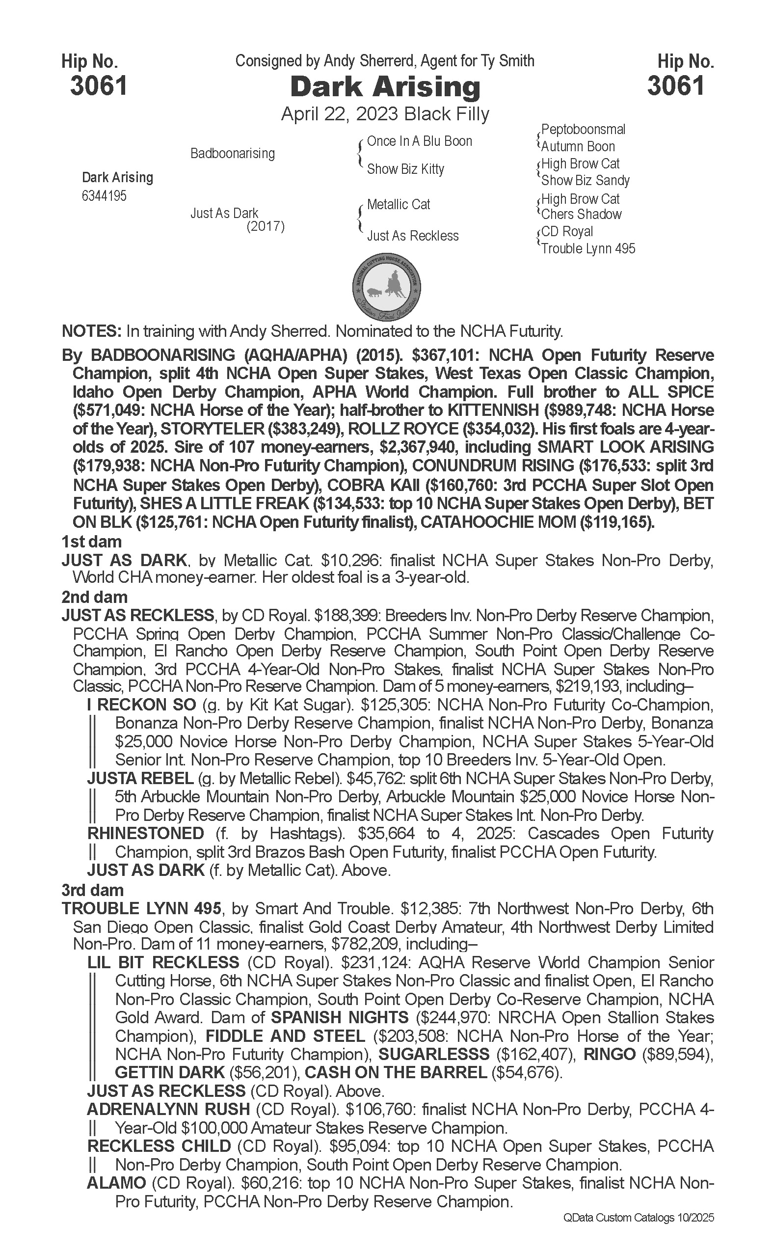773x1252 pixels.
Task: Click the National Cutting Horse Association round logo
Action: [x=387, y=287]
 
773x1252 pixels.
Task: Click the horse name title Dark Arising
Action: [x=385, y=87]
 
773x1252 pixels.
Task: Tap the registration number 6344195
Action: [x=104, y=196]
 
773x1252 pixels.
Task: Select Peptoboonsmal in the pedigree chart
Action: [x=583, y=130]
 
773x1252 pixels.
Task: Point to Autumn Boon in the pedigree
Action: [x=578, y=146]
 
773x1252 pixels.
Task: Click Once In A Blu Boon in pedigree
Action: [x=419, y=141]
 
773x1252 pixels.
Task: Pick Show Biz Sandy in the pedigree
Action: [x=586, y=180]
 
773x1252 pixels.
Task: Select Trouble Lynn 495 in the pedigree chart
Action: [x=588, y=248]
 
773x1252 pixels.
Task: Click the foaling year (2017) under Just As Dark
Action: [x=266, y=226]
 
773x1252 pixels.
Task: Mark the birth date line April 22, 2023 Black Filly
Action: [x=385, y=113]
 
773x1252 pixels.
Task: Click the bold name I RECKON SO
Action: [x=142, y=705]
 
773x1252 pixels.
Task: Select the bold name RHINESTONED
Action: [x=146, y=833]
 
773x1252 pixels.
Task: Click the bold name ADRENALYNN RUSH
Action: [x=168, y=1109]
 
